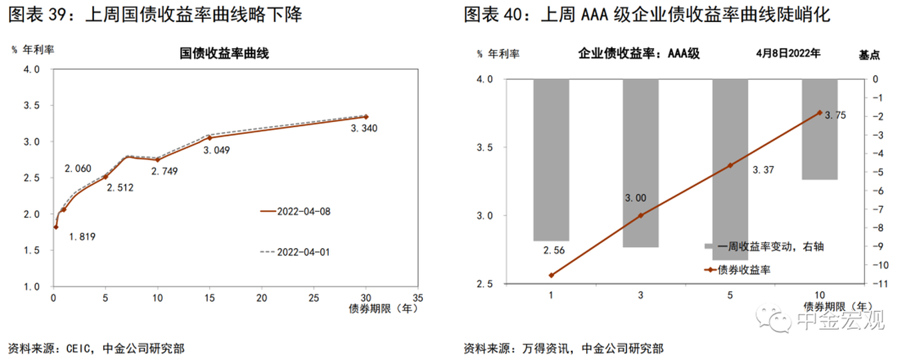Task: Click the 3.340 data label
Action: coord(365,128)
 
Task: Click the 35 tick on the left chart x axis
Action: coord(418,297)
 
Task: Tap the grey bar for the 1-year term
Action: coord(552,160)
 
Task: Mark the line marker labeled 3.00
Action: coord(641,215)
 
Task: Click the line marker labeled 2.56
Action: coord(552,275)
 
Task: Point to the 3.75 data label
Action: coord(835,115)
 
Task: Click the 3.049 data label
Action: coord(216,150)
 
